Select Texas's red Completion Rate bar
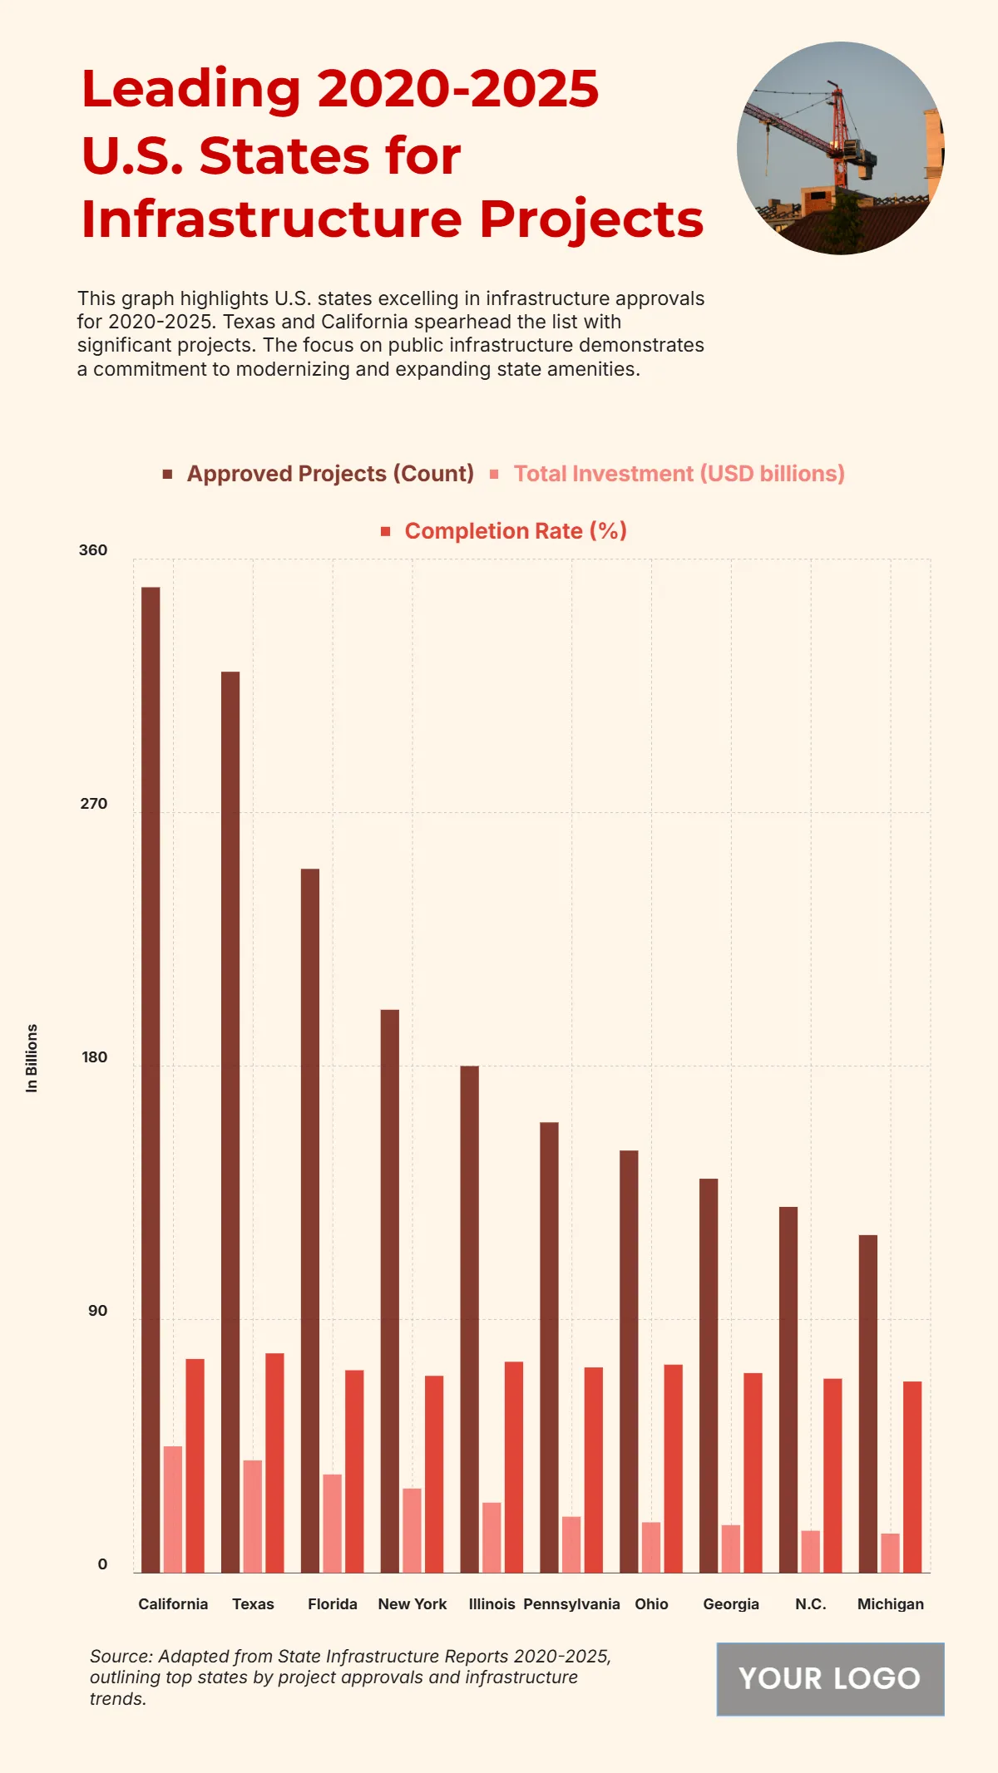274,1462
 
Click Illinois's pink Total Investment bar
492,1537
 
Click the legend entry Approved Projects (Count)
329,474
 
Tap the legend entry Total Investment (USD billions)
678,474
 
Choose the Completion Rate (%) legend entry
515,531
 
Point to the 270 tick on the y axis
94,804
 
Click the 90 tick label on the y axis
98,1311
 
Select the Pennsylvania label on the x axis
571,1603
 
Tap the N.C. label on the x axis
810,1603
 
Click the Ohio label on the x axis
651,1603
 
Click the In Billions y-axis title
32,1057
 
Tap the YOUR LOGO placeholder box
830,1678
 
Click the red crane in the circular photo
837,133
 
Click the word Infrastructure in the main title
271,219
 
